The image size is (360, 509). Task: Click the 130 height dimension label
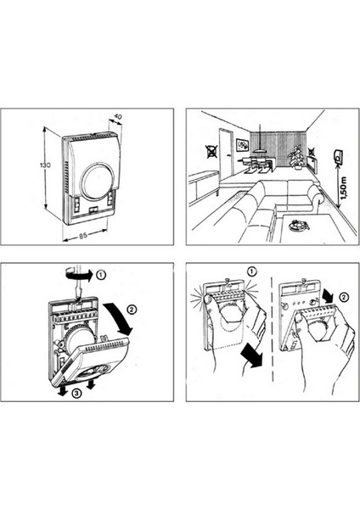(x=45, y=165)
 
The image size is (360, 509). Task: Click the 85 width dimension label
(x=83, y=235)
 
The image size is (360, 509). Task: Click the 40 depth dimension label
(x=118, y=116)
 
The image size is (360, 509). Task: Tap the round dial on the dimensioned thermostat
(x=97, y=181)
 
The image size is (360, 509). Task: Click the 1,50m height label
(x=344, y=189)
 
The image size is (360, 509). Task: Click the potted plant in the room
(x=297, y=157)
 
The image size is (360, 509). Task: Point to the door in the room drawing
(x=227, y=153)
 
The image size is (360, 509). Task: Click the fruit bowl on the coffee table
(x=299, y=225)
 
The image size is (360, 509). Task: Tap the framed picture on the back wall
(x=242, y=145)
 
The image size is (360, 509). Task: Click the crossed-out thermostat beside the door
(x=211, y=151)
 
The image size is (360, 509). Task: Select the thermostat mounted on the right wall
(x=338, y=156)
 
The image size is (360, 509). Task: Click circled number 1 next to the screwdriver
(x=101, y=275)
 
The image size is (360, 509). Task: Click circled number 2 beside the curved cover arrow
(x=132, y=310)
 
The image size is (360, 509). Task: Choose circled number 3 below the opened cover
(x=76, y=394)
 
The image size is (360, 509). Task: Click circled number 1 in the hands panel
(x=252, y=271)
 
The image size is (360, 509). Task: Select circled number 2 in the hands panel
(x=344, y=297)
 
